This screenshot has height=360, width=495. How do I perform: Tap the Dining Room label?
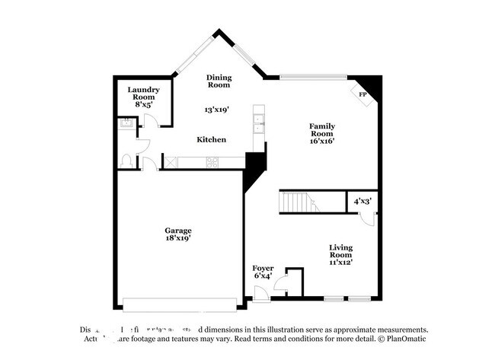point(219,81)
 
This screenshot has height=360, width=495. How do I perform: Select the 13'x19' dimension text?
point(217,110)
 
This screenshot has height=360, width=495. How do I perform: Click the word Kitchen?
point(211,139)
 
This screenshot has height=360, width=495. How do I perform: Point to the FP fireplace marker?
point(362,94)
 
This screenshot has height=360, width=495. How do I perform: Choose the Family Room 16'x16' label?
point(321,133)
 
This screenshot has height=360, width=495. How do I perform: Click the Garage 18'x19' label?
point(178,234)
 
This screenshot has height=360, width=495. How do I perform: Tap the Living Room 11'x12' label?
point(341,254)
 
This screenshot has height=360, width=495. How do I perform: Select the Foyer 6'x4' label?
point(263,272)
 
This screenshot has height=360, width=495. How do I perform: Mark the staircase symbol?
point(298,202)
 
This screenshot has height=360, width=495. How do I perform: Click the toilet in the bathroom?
point(127,161)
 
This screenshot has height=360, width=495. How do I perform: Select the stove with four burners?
point(212,161)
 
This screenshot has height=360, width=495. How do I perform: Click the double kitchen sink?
point(259,123)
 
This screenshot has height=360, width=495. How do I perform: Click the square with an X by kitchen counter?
point(172,161)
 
